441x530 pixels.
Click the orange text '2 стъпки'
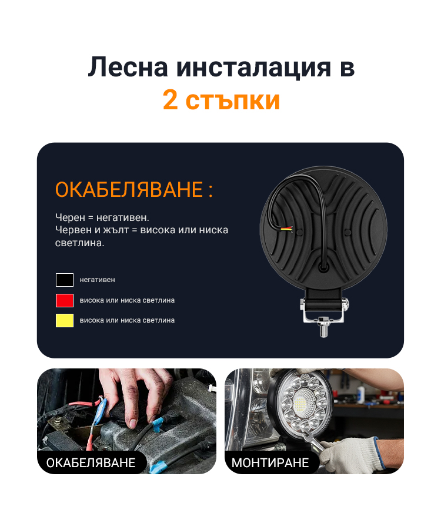click(x=221, y=100)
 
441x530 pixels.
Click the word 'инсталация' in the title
click(x=253, y=67)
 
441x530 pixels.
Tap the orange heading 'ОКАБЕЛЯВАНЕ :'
click(x=134, y=189)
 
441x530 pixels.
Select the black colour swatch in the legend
click(x=65, y=280)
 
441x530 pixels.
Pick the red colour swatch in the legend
click(x=65, y=300)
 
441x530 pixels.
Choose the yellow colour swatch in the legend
click(x=65, y=320)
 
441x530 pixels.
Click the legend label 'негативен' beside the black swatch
click(x=98, y=280)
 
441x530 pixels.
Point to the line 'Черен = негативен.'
click(x=102, y=217)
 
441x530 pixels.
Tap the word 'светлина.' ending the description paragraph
click(x=80, y=243)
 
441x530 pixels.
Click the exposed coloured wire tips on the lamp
click(x=286, y=228)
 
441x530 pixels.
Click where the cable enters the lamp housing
click(x=323, y=267)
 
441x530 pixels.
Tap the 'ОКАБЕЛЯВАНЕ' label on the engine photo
click(x=91, y=462)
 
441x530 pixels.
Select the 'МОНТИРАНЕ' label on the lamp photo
click(x=270, y=462)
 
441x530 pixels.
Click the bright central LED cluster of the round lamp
click(x=300, y=402)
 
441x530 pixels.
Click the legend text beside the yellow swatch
click(x=127, y=320)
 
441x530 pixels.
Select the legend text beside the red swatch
click(x=127, y=300)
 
